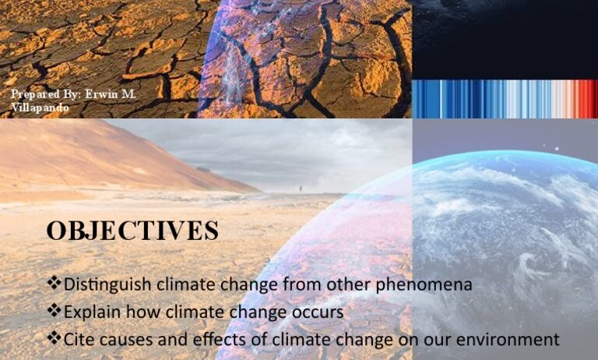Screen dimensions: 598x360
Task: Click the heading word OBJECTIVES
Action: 132,230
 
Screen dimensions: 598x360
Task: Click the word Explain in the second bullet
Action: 93,312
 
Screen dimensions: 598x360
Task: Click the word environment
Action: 508,340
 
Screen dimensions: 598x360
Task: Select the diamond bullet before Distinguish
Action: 54,283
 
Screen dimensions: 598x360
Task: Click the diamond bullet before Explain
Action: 54,310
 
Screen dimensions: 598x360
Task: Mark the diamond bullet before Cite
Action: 54,338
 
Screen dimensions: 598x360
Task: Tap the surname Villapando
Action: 40,108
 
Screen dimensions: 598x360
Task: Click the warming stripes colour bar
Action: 505,99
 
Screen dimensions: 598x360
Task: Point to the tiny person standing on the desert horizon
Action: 301,189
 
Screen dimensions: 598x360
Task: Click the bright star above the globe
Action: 558,149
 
